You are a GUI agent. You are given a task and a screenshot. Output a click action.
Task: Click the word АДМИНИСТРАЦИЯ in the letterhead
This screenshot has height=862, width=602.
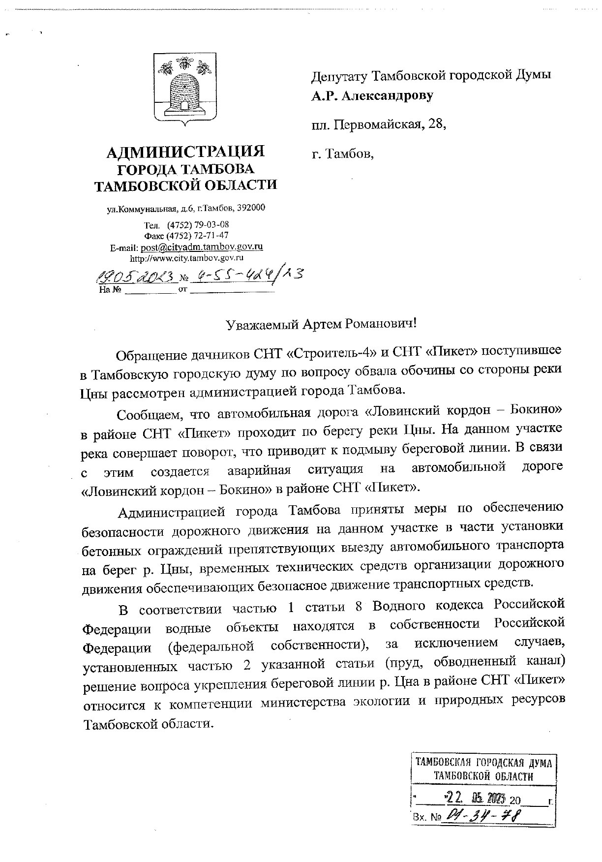tap(186, 152)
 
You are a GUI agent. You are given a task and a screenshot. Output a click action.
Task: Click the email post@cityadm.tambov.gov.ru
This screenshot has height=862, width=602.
tap(202, 246)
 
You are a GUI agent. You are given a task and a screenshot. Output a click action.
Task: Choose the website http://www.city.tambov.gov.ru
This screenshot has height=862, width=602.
tap(187, 257)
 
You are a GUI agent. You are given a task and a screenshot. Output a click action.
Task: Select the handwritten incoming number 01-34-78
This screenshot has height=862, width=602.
tap(482, 816)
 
